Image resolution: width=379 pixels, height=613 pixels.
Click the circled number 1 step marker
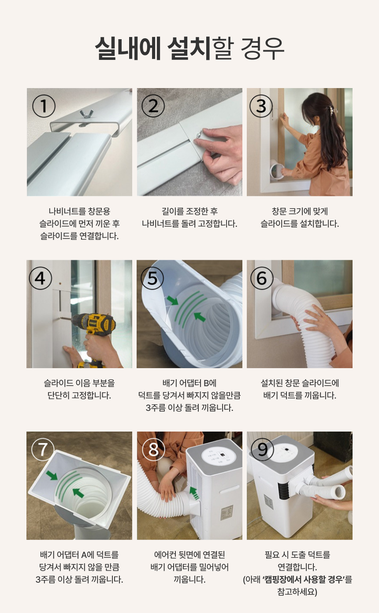[44, 106]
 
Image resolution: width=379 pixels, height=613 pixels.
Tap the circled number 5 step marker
[152, 278]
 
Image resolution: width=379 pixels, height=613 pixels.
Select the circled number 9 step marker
[262, 449]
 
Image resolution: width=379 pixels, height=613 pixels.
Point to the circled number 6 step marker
[262, 278]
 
